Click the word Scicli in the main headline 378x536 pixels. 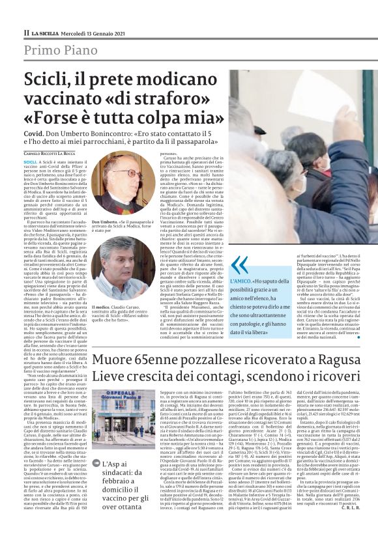pos(46,81)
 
